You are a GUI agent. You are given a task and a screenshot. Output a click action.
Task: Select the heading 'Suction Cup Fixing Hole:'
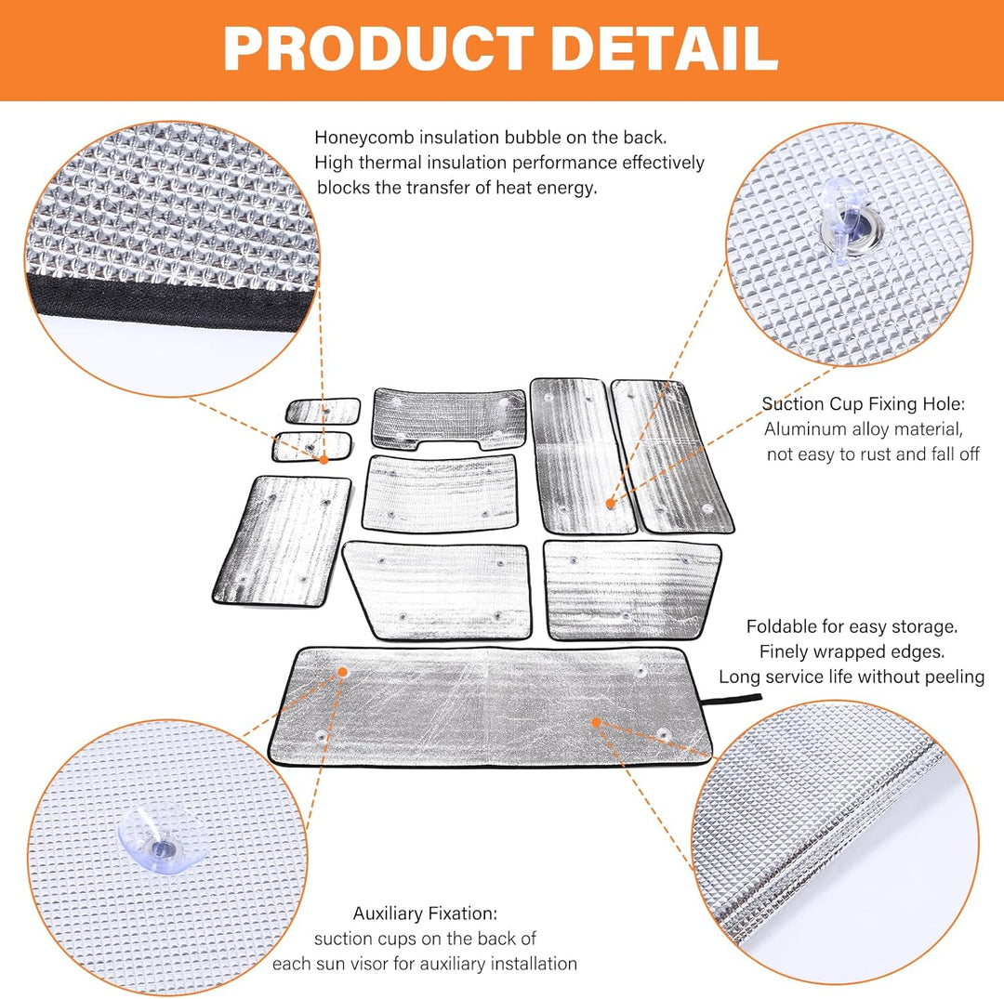click(864, 404)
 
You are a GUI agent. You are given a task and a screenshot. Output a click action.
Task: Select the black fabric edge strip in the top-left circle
click(167, 295)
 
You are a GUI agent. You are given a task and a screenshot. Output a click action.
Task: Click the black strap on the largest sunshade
click(736, 699)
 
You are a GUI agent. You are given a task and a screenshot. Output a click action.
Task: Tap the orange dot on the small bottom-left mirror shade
click(324, 458)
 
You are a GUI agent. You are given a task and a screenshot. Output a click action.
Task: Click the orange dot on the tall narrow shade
click(611, 503)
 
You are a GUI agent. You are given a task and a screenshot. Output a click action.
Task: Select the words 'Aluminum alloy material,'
click(863, 429)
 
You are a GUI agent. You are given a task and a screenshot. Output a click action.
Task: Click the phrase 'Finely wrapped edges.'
click(852, 651)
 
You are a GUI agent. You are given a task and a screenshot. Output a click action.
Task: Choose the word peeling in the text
click(955, 677)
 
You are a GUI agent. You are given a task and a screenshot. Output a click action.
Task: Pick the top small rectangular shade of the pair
click(323, 410)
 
